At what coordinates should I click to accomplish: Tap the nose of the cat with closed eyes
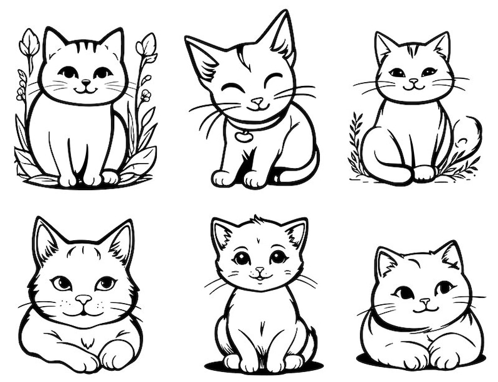tap(258, 101)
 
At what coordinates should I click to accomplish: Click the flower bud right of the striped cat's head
tap(146, 45)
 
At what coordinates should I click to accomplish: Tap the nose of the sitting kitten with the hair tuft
tap(260, 270)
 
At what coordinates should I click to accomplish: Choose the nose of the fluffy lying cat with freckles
tap(83, 300)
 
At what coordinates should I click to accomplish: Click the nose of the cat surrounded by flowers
tap(86, 82)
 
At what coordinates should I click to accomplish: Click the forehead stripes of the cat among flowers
tap(85, 47)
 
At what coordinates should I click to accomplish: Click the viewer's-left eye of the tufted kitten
tap(241, 258)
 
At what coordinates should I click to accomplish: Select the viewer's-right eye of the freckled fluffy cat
tap(105, 283)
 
